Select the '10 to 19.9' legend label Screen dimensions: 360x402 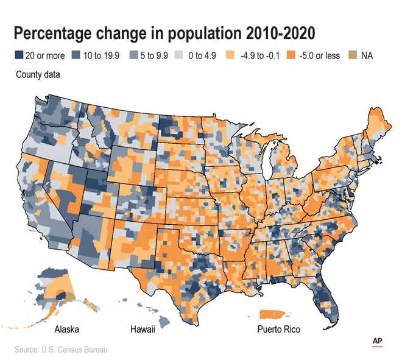coord(99,55)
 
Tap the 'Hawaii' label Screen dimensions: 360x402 coord(143,330)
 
